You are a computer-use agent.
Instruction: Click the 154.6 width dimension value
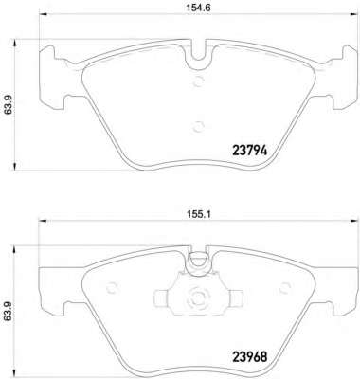(x=198, y=8)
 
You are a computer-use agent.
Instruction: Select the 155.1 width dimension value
(x=198, y=215)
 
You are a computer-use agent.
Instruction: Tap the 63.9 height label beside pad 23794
(x=9, y=105)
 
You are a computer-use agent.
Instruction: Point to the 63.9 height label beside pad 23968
(x=9, y=312)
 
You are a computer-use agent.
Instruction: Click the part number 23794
(x=250, y=151)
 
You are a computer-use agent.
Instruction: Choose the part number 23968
(x=250, y=357)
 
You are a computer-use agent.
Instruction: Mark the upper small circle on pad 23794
(x=199, y=81)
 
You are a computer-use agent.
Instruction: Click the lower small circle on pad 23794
(x=199, y=127)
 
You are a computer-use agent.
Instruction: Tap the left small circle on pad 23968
(x=112, y=288)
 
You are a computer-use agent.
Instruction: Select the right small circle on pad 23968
(x=286, y=288)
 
